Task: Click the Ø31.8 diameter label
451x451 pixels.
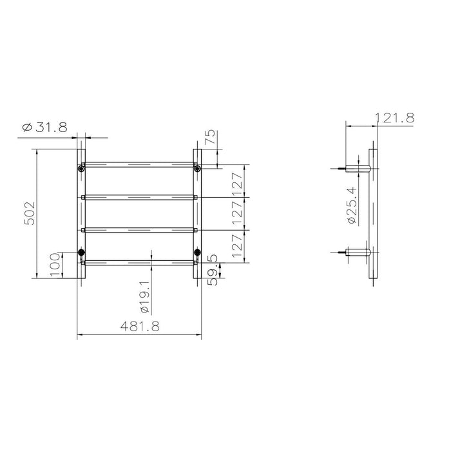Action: tap(44, 128)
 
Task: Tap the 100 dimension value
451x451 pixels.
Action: tap(56, 264)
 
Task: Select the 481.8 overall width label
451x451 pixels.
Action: tap(138, 327)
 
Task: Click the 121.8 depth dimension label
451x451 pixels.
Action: tap(393, 117)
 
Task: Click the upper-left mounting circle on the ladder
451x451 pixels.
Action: tap(81, 169)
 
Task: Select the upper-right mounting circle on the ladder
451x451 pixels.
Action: tap(197, 169)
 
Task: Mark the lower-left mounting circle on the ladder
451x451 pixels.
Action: tap(81, 252)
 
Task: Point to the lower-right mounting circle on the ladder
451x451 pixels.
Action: tap(197, 252)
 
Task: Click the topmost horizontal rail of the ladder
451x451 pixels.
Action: tap(139, 164)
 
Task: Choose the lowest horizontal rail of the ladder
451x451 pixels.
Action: tap(139, 262)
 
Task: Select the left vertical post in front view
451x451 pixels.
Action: tap(81, 213)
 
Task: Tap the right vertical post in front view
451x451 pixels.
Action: tap(197, 213)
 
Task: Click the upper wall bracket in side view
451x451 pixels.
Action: tap(358, 169)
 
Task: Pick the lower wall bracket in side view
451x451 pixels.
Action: tap(358, 252)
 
